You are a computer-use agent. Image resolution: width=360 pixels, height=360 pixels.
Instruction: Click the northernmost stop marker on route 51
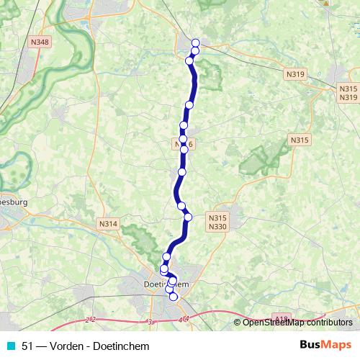pyautogui.click(x=195, y=43)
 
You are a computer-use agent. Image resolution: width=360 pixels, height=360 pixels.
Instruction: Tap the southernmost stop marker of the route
pyautogui.click(x=173, y=297)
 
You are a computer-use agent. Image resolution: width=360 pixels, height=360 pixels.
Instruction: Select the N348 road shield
pyautogui.click(x=40, y=42)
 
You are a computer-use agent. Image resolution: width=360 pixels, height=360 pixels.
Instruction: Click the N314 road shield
pyautogui.click(x=108, y=224)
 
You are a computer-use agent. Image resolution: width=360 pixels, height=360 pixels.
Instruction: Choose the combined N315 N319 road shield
pyautogui.click(x=348, y=92)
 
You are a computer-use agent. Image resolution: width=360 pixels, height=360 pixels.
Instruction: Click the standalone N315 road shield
pyautogui.click(x=299, y=140)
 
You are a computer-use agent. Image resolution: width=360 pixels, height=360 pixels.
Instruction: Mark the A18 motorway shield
pyautogui.click(x=281, y=318)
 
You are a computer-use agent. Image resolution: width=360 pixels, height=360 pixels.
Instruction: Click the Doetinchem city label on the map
pyautogui.click(x=163, y=284)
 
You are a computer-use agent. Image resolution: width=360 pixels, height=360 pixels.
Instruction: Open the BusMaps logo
pyautogui.click(x=325, y=346)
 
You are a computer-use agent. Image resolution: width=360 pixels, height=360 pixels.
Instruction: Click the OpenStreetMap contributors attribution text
pyautogui.click(x=297, y=323)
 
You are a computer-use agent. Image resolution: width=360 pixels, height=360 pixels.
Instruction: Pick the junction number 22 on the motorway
pyautogui.click(x=90, y=319)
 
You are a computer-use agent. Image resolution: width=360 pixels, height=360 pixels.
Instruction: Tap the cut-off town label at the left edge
pyautogui.click(x=13, y=202)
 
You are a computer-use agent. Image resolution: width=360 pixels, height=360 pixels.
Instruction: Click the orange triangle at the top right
pyautogui.click(x=325, y=2)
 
